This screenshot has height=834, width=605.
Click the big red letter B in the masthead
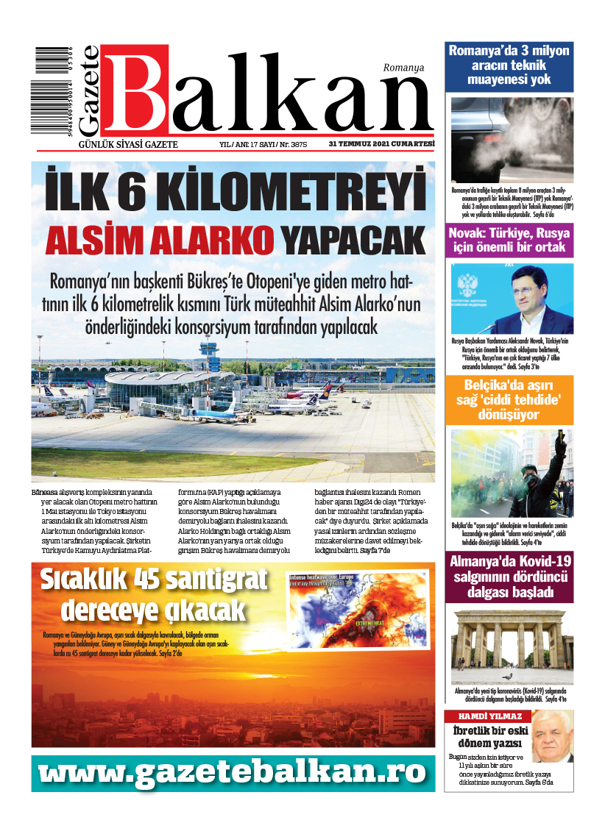point(137,90)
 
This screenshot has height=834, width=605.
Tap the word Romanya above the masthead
point(403,68)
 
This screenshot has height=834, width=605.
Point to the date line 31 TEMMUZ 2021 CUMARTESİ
point(381,144)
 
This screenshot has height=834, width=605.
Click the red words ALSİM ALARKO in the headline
point(160,240)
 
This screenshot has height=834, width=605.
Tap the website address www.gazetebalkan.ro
point(233,771)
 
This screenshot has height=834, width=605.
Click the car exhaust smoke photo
point(512,140)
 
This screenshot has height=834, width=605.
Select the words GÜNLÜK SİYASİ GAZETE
point(128,144)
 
